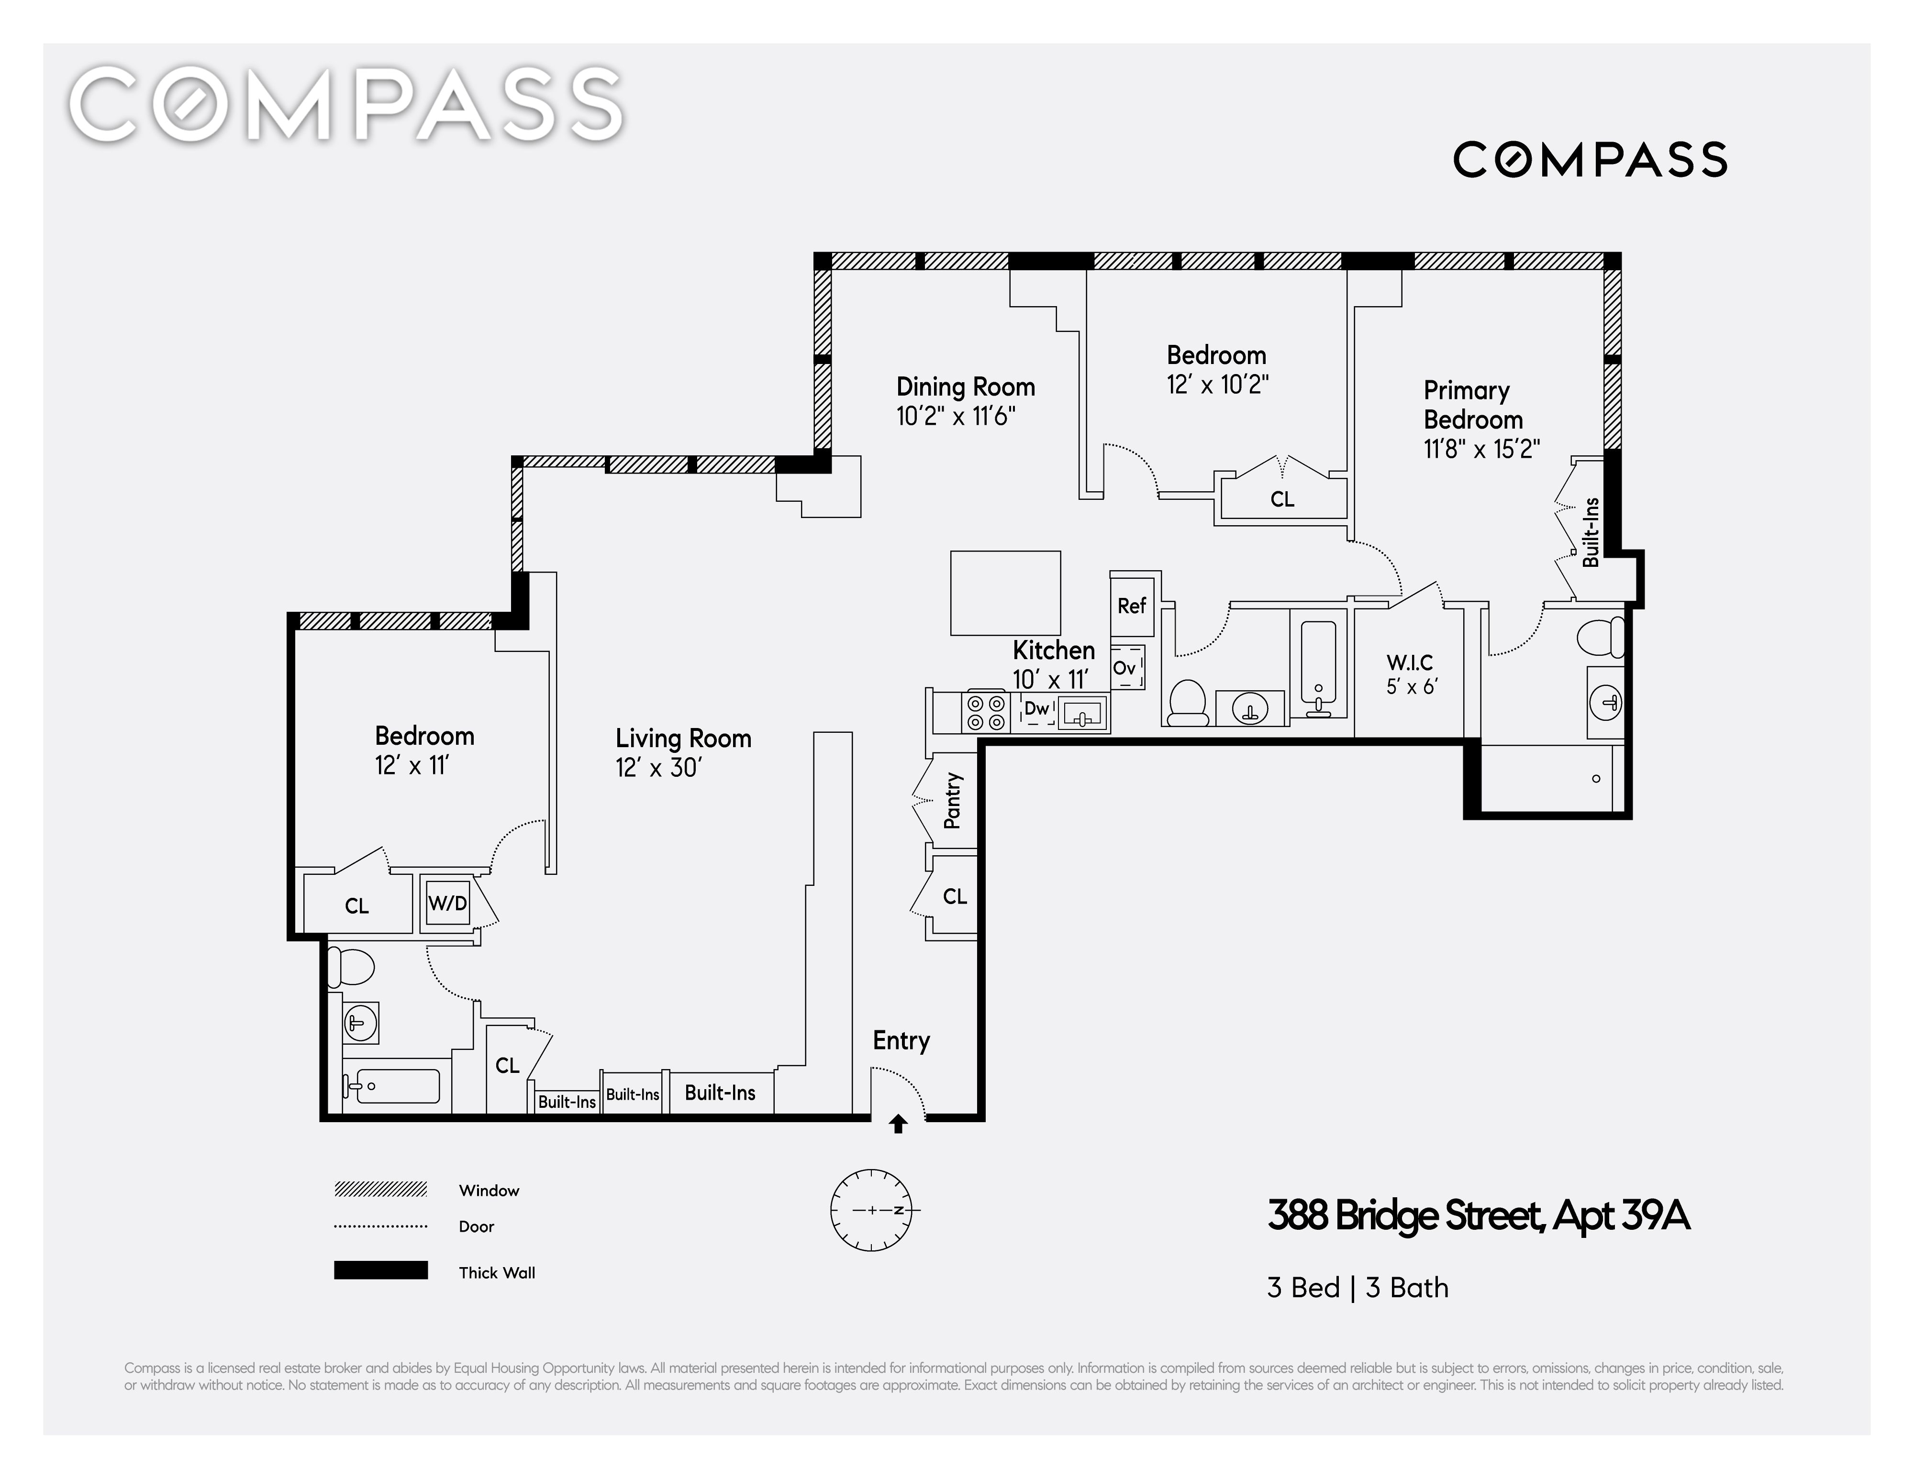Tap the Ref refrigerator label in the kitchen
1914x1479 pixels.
click(x=1131, y=606)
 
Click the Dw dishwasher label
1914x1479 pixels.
click(x=1037, y=709)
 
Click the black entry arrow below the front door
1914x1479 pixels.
click(x=897, y=1124)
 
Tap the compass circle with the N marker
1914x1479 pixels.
click(x=872, y=1210)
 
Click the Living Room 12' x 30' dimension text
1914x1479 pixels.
click(x=658, y=768)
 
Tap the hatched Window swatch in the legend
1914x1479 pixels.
click(x=380, y=1189)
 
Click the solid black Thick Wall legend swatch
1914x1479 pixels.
click(x=380, y=1270)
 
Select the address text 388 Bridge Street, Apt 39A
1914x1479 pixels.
click(x=1479, y=1215)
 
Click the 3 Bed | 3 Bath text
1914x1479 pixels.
click(x=1358, y=1287)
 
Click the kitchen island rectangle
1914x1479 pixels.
click(x=1005, y=592)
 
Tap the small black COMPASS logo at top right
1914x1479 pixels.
click(x=1590, y=159)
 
